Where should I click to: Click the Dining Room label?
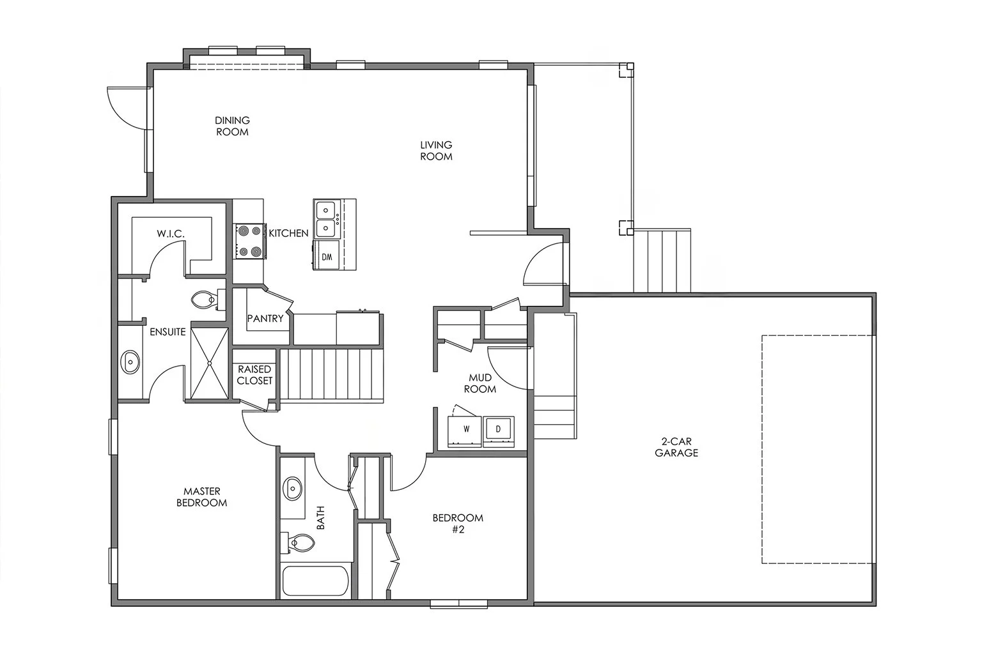[x=231, y=126]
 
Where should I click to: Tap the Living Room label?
[x=436, y=151]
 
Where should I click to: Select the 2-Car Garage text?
[x=676, y=447]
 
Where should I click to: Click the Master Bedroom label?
[x=201, y=497]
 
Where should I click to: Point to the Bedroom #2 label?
[x=458, y=523]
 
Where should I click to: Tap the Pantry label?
[x=265, y=318]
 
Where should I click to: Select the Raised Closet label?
[x=254, y=375]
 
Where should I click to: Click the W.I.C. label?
[x=171, y=234]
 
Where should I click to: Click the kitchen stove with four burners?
[x=249, y=241]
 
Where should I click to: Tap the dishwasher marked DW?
[x=327, y=257]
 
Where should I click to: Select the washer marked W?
[x=466, y=430]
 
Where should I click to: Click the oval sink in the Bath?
[x=293, y=489]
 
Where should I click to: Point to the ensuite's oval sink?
[x=131, y=362]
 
